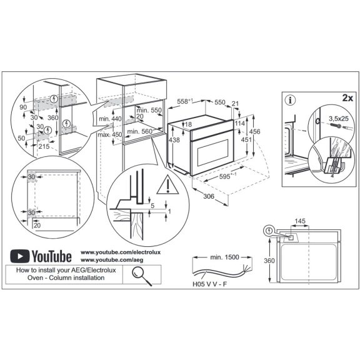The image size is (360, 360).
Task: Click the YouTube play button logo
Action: [21, 256]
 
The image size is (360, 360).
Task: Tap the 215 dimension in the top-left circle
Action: [43, 146]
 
